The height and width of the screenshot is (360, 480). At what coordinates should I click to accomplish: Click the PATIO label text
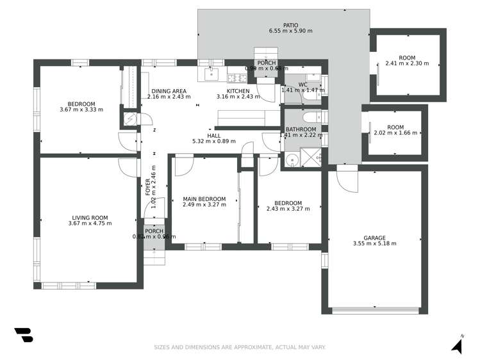282,24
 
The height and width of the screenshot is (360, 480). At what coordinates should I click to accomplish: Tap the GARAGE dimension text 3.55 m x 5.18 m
374,243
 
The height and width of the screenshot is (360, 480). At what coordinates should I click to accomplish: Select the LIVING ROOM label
90,217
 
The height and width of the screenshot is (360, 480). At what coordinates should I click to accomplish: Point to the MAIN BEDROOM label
204,199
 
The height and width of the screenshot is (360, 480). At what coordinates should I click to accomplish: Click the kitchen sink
211,75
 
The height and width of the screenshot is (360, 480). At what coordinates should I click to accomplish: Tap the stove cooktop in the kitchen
236,78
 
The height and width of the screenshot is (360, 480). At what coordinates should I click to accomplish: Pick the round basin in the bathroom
292,160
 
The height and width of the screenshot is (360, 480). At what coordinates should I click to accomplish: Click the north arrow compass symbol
457,345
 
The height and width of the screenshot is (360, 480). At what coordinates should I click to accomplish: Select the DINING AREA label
169,91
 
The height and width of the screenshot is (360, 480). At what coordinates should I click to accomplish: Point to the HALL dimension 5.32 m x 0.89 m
214,142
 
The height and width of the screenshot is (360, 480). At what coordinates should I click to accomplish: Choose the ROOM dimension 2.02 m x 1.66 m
395,133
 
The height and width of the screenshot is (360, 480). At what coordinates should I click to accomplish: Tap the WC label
303,85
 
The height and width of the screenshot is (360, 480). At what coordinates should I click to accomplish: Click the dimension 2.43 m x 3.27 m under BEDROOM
283,209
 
